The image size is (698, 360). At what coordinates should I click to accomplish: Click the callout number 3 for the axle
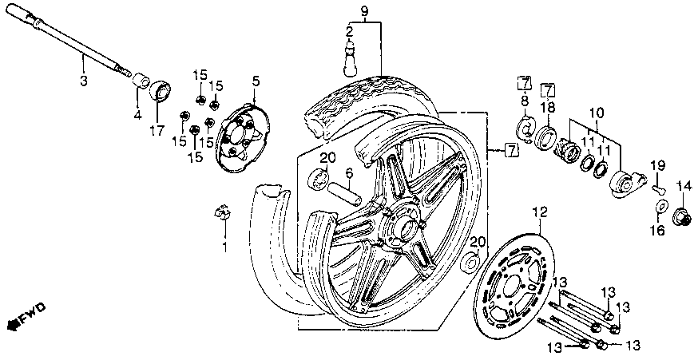(x=83, y=80)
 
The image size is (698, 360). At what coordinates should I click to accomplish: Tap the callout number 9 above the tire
(x=364, y=10)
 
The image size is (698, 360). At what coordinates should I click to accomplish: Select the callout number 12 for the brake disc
(x=541, y=212)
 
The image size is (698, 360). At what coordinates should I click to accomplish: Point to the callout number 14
(x=682, y=187)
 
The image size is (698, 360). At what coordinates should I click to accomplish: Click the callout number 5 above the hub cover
(x=256, y=81)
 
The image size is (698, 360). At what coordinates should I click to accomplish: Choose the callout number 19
(x=659, y=165)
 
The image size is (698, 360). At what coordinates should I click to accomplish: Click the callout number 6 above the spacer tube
(x=349, y=172)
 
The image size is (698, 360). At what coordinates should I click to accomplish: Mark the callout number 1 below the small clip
(x=224, y=248)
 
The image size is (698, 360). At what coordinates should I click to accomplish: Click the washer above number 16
(x=662, y=208)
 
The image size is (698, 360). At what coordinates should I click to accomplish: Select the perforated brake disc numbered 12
(x=511, y=279)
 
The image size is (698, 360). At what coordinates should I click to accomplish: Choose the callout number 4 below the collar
(x=137, y=115)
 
